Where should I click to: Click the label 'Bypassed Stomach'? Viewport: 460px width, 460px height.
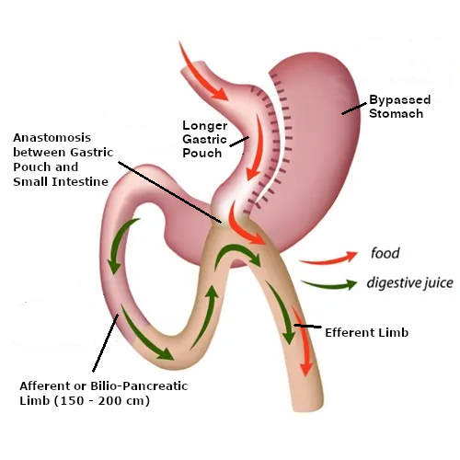(x=399, y=107)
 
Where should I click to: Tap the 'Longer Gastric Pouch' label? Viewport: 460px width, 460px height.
(x=205, y=139)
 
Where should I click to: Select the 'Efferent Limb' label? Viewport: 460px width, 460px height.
(x=366, y=332)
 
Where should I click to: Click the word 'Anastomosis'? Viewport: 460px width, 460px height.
(x=52, y=138)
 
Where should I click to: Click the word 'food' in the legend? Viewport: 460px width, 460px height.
(x=385, y=253)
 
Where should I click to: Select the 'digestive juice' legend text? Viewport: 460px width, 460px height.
(x=409, y=282)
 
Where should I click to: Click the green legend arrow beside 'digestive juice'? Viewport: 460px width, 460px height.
(x=328, y=285)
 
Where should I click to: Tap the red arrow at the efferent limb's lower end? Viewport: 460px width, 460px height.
(x=304, y=340)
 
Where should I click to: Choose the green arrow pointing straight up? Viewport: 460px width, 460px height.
(x=205, y=316)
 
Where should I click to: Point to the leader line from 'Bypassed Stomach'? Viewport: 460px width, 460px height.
(x=354, y=109)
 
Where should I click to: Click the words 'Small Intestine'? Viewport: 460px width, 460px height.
(x=61, y=182)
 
